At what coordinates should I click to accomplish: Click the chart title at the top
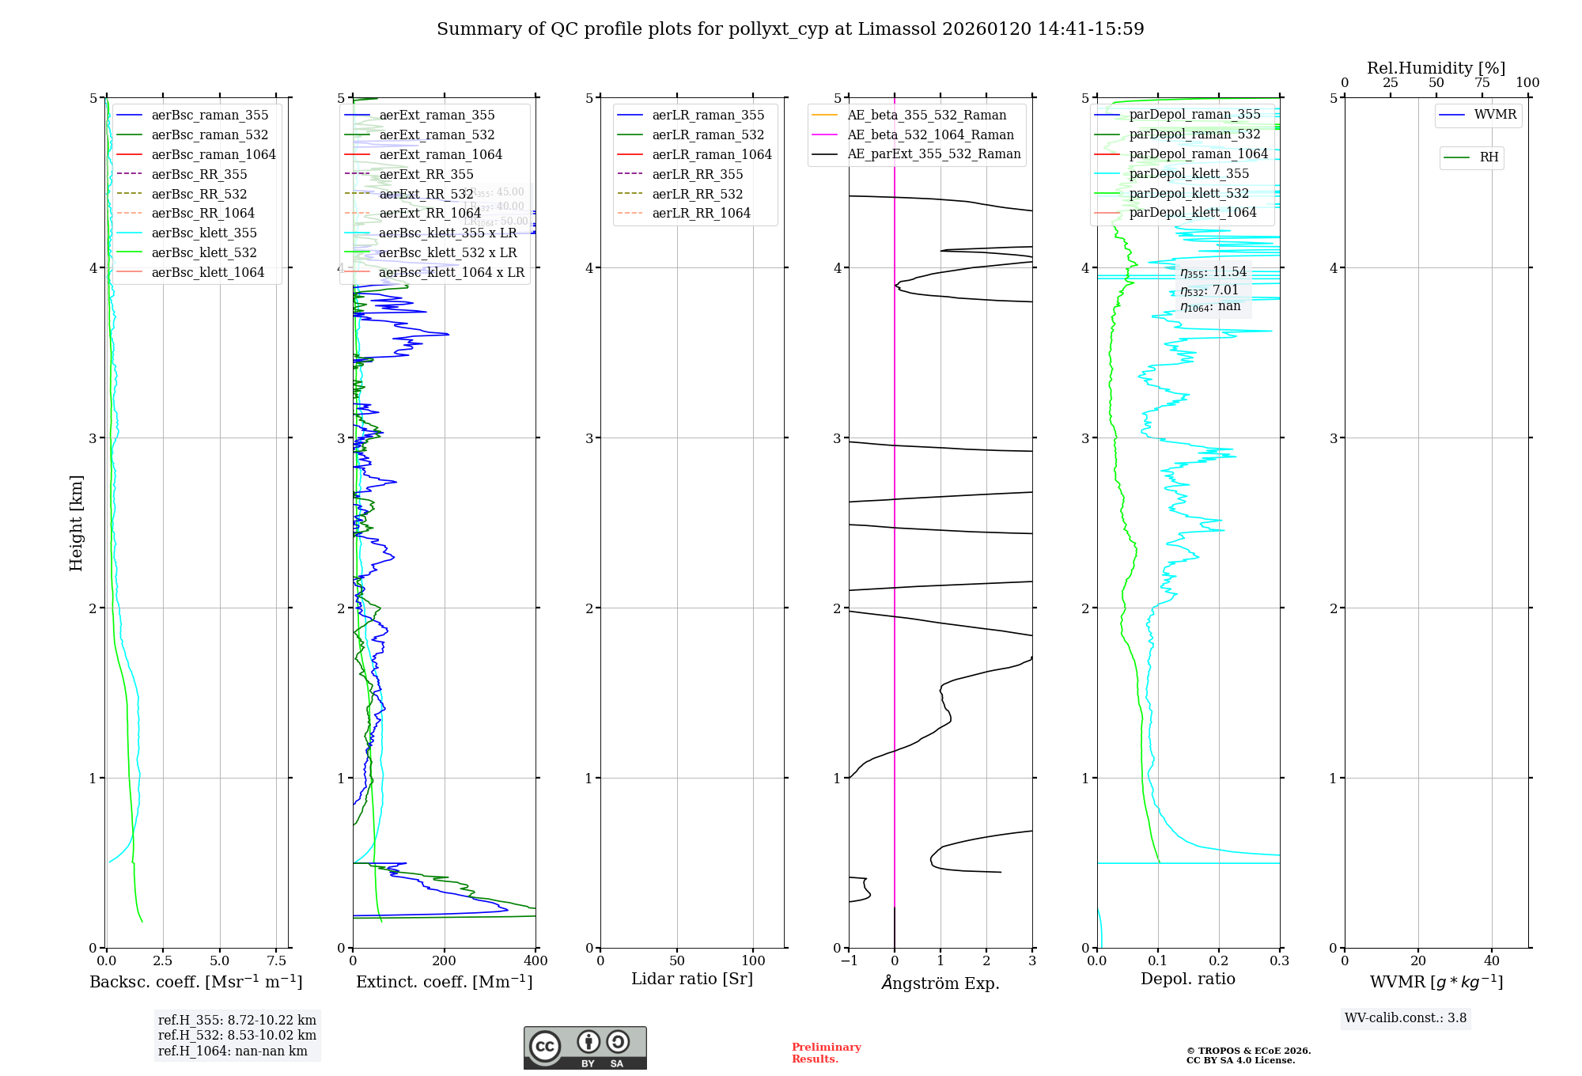coord(790,29)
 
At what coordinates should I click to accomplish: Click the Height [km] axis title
coord(76,523)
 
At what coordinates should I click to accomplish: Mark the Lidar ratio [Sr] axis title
coord(692,979)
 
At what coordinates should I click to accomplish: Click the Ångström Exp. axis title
coord(940,983)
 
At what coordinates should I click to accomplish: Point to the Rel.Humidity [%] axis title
coord(1436,68)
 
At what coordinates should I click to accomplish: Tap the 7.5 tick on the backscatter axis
coord(276,961)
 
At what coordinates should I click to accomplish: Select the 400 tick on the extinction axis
coord(536,961)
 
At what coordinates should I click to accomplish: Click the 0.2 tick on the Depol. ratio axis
coord(1219,961)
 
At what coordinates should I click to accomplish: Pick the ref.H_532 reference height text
coord(237,1036)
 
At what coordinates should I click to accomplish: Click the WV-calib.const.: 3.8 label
coord(1406,1018)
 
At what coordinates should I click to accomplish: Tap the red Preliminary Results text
coord(826,1053)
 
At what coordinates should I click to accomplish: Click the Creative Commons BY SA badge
coord(585,1048)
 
